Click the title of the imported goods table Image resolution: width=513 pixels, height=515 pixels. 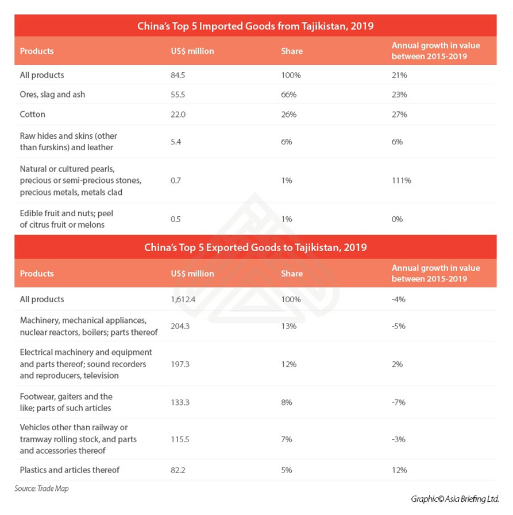[255, 26]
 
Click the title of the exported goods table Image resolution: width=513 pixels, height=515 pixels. [255, 248]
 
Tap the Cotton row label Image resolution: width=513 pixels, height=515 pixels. [32, 114]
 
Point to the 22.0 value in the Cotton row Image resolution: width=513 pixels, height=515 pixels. [179, 114]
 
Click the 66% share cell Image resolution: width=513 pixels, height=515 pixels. [288, 94]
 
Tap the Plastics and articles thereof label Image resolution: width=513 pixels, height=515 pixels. [70, 470]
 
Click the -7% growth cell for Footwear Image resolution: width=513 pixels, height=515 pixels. [399, 402]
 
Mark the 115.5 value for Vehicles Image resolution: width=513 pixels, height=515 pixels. [181, 439]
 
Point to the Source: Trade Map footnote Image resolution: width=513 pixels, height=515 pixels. [41, 489]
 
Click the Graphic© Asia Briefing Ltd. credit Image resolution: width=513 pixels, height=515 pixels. [454, 498]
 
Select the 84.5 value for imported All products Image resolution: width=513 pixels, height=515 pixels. [179, 75]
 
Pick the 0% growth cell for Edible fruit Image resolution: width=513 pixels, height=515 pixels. [398, 219]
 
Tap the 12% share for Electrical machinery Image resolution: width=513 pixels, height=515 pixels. [288, 364]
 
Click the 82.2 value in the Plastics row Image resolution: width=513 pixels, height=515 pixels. [179, 470]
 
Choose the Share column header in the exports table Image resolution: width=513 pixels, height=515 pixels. [292, 274]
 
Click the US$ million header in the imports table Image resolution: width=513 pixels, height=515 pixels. [192, 51]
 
